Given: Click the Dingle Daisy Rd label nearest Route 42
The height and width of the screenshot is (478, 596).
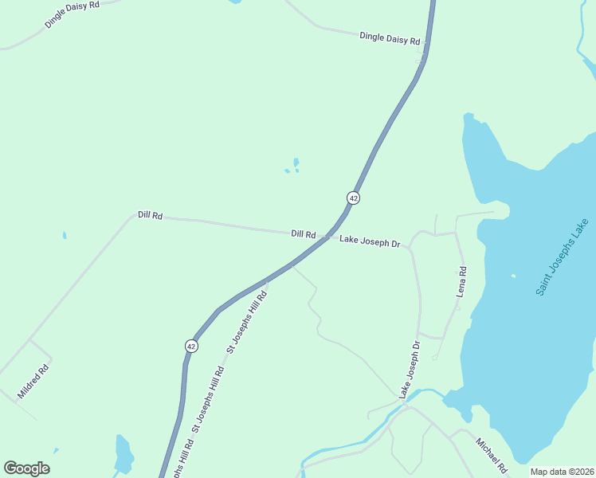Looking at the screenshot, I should [389, 37].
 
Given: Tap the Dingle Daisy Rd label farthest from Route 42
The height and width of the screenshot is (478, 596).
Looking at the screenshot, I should [72, 14].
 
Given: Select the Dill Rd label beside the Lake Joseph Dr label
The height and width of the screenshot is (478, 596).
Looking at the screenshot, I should [304, 234].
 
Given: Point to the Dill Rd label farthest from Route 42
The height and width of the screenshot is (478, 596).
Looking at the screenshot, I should [150, 215].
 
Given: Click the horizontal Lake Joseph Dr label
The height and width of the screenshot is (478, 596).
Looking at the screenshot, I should [369, 240].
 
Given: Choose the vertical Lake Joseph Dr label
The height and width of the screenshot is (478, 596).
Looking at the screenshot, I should [410, 370].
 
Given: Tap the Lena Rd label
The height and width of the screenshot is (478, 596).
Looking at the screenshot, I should [461, 282].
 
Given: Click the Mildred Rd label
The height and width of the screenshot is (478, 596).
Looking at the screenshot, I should [33, 381].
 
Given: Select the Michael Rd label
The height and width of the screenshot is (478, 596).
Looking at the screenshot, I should [491, 455].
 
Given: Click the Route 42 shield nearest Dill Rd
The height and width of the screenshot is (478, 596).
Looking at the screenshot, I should [353, 197].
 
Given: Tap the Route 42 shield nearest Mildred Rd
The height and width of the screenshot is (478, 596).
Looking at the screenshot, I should [191, 346].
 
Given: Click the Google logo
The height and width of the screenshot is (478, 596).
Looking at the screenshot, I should [26, 468].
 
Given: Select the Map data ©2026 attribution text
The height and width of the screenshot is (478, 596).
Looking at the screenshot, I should [563, 472].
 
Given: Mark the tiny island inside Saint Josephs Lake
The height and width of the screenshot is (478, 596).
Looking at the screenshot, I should [513, 276].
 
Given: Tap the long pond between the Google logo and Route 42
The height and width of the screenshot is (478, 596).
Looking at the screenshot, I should [124, 454].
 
